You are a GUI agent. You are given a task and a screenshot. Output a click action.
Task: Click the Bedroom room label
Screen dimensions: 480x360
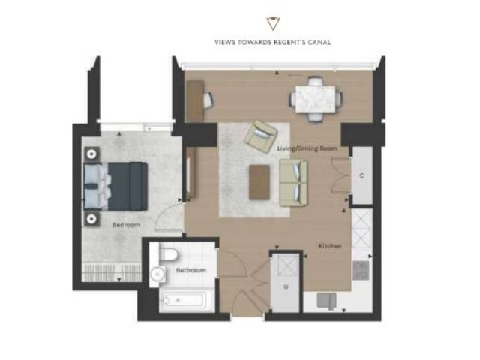126,225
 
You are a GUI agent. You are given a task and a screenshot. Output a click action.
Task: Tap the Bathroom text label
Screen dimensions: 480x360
190,270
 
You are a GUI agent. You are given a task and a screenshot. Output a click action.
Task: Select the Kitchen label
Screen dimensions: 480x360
330,246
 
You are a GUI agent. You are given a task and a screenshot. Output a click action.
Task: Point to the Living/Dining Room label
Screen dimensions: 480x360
307,148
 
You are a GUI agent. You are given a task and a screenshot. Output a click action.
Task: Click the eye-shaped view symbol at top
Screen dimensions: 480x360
273,23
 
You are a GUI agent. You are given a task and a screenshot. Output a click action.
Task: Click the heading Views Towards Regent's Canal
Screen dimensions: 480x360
273,42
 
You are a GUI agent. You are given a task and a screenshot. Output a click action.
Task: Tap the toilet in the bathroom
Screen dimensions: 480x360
168,254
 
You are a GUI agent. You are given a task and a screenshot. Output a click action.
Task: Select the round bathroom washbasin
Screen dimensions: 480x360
158,273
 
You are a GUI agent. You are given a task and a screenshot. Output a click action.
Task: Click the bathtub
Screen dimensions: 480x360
184,300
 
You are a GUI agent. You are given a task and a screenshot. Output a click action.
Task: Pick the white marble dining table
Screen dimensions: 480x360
316,99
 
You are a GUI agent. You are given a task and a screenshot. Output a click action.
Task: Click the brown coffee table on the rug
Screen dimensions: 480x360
259,182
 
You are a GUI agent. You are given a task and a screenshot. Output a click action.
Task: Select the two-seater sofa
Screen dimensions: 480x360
293,183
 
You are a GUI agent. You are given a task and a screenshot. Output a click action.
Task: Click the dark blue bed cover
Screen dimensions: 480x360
128,187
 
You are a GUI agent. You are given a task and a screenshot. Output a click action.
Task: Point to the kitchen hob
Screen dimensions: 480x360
361,270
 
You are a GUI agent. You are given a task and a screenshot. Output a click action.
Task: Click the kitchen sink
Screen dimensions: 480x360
327,300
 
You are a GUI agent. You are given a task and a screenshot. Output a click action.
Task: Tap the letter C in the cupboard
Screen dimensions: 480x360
361,175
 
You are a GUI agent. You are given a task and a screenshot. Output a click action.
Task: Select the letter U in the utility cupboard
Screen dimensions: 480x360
286,287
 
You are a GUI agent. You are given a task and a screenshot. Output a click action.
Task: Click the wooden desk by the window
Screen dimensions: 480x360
195,100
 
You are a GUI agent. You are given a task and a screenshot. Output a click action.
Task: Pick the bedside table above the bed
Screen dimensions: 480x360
91,154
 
